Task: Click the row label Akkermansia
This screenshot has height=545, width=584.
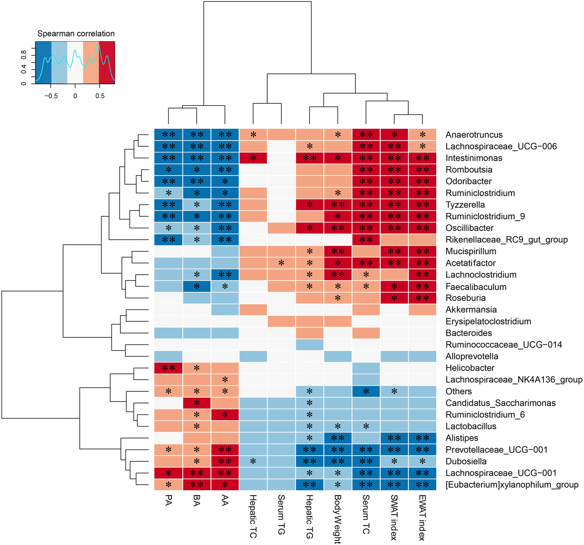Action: pyautogui.click(x=471, y=310)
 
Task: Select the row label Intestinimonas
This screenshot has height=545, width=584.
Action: pyautogui.click(x=474, y=158)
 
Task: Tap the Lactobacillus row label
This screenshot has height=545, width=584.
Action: pyautogui.click(x=471, y=426)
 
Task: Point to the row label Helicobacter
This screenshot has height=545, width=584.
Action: pyautogui.click(x=470, y=368)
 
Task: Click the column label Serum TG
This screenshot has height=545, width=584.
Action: pyautogui.click(x=281, y=515)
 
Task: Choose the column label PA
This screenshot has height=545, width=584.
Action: pyautogui.click(x=168, y=500)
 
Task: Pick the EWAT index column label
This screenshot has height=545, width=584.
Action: pyautogui.click(x=422, y=518)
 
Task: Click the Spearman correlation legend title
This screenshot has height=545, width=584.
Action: pyautogui.click(x=76, y=34)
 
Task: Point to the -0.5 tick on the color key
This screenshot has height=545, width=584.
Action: pyautogui.click(x=51, y=96)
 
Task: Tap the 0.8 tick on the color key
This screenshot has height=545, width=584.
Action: pyautogui.click(x=24, y=55)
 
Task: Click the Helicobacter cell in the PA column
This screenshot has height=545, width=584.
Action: pyautogui.click(x=168, y=368)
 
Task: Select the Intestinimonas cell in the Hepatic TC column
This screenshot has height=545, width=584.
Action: pyautogui.click(x=253, y=158)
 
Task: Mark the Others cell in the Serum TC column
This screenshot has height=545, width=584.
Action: pyautogui.click(x=366, y=391)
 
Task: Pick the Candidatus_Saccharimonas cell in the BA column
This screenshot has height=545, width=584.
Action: pyautogui.click(x=197, y=403)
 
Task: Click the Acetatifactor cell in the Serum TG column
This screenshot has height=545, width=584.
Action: pyautogui.click(x=281, y=263)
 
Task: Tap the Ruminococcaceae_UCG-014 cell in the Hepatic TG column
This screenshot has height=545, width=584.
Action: pyautogui.click(x=309, y=345)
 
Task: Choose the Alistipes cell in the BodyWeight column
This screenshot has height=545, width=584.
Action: pyautogui.click(x=338, y=438)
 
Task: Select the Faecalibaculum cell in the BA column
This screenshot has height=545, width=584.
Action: pyautogui.click(x=197, y=286)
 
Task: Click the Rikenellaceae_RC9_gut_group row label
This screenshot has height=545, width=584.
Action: pyautogui.click(x=507, y=240)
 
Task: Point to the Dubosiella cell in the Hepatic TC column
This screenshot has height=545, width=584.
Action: pyautogui.click(x=253, y=461)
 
